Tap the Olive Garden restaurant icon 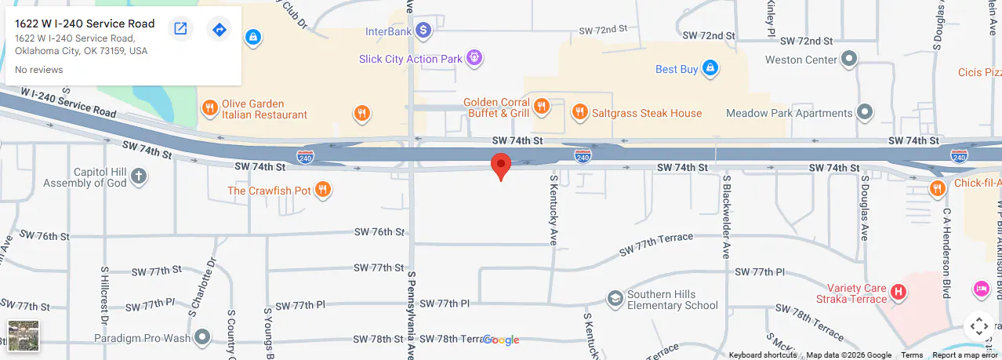(x=209, y=108)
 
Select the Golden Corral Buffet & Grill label (x=496, y=107)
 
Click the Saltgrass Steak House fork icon (x=580, y=112)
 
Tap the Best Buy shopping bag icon (x=710, y=68)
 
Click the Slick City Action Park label (x=411, y=59)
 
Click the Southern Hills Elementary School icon (x=615, y=299)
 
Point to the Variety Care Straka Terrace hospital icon (x=899, y=293)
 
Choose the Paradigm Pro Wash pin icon (x=202, y=337)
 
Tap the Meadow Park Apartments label (x=789, y=113)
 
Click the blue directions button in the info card (x=220, y=29)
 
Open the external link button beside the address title (x=180, y=29)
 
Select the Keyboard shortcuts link (x=762, y=355)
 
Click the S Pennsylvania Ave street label (x=410, y=314)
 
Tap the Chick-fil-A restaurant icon (x=937, y=188)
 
